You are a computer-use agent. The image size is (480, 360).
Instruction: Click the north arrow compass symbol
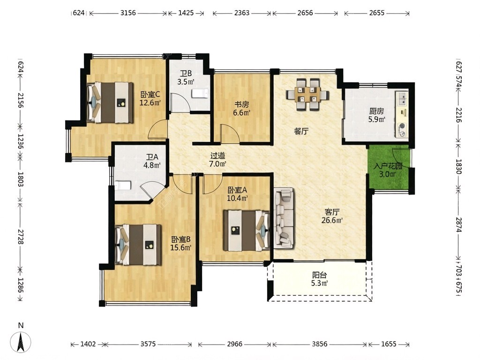[x=21, y=341]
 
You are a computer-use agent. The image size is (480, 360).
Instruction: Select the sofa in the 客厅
[x=284, y=217]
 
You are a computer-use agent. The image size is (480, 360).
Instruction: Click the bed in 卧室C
[x=110, y=102]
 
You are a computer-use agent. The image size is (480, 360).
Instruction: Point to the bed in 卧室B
[x=138, y=245]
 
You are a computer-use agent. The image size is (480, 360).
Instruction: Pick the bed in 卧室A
[x=246, y=230]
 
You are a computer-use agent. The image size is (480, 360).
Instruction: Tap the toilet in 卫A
[x=123, y=185]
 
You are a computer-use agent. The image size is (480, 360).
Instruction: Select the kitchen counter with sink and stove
[x=401, y=114]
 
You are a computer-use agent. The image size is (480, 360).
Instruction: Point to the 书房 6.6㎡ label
[x=241, y=108]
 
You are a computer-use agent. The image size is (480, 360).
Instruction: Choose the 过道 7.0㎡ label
[x=217, y=159]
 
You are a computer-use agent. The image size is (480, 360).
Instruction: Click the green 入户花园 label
[x=388, y=170]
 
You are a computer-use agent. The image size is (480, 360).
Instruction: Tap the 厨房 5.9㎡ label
[x=376, y=115]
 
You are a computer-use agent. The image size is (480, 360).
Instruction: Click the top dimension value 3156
[x=128, y=13]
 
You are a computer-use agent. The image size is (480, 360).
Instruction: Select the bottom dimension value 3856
[x=319, y=344]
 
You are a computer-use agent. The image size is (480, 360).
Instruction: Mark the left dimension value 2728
[x=21, y=236]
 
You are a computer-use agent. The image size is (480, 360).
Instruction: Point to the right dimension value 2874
[x=458, y=225]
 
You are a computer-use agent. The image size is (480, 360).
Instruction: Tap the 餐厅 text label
[x=301, y=131]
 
